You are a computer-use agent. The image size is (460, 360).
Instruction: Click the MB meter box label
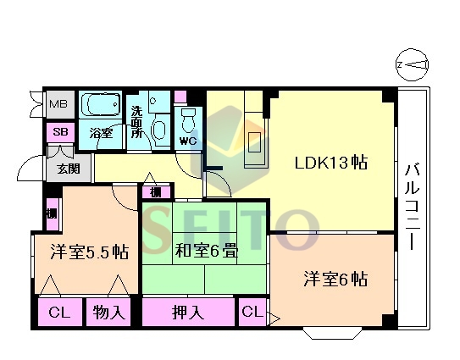click(58, 104)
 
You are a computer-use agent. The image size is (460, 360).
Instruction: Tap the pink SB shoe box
click(60, 132)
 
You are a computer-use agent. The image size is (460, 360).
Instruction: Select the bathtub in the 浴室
click(100, 105)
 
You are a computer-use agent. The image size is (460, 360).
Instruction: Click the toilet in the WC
click(188, 121)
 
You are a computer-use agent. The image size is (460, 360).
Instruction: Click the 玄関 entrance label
click(69, 169)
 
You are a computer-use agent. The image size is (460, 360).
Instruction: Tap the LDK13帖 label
click(331, 163)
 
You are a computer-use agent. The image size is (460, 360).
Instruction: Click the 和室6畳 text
click(206, 251)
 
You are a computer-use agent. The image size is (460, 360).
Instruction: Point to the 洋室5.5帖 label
click(90, 252)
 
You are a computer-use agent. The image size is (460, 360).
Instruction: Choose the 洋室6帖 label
click(335, 279)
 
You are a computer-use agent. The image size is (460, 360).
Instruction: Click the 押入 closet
click(188, 313)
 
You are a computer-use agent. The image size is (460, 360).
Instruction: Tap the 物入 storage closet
click(108, 313)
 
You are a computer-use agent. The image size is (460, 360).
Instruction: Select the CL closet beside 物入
click(60, 313)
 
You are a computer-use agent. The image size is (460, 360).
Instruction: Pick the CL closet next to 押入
click(252, 313)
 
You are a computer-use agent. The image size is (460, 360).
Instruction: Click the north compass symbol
click(412, 65)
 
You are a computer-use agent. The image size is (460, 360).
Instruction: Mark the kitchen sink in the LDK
click(254, 142)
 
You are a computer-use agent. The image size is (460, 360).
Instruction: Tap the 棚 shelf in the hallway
click(156, 192)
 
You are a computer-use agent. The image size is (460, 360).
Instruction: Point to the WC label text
click(188, 141)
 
